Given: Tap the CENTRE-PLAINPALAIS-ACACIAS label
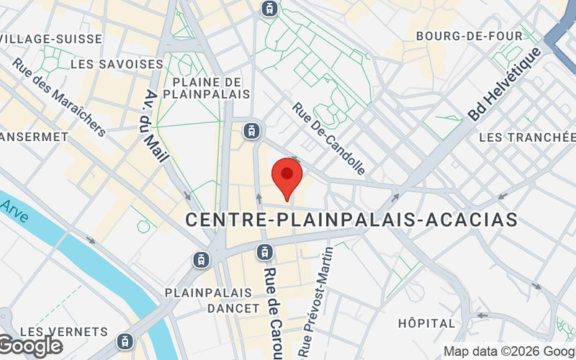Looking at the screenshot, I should click(x=351, y=220).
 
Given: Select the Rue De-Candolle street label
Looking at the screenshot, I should click(x=328, y=138).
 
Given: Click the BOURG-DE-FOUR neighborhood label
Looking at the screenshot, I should click(x=469, y=35).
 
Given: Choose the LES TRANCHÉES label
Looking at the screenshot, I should click(x=527, y=137).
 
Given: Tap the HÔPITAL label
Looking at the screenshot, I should click(x=427, y=323).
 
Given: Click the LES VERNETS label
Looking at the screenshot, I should click(x=63, y=332).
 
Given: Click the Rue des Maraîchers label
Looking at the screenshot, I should click(x=59, y=96).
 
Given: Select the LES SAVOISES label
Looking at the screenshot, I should click(x=117, y=64).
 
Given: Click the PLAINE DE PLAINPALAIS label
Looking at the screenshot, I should click(x=206, y=88).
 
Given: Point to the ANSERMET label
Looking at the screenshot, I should click(x=29, y=137).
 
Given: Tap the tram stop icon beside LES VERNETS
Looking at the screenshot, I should click(x=127, y=340).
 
